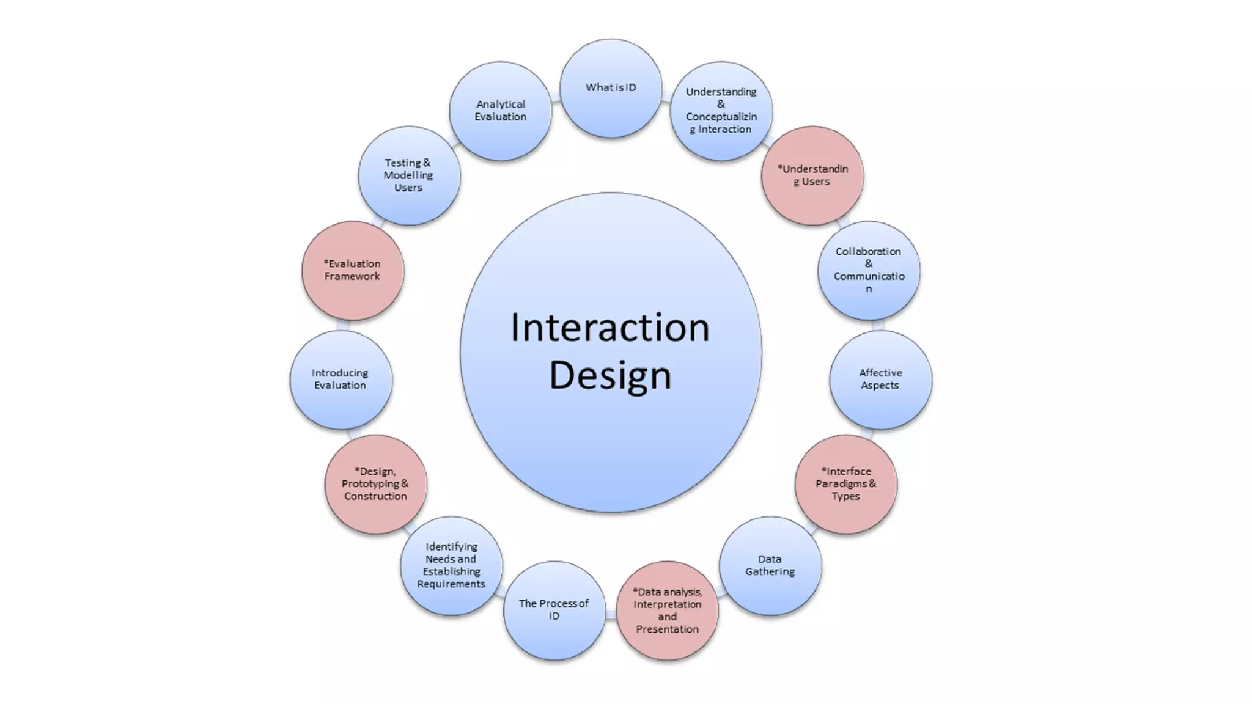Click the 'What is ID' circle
[x=611, y=88]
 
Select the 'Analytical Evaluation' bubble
[x=500, y=111]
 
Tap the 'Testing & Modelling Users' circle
[x=408, y=175]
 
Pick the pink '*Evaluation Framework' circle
[x=352, y=270]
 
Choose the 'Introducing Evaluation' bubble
[x=341, y=380]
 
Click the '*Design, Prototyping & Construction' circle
[x=375, y=484]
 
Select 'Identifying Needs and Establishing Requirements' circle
[x=451, y=565]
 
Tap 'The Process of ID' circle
[x=554, y=610]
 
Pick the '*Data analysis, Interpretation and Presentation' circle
[x=667, y=610]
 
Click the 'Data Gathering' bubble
[x=770, y=565]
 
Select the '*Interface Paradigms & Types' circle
[x=845, y=484]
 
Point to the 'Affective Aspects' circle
[x=880, y=380]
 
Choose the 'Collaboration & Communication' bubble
[x=869, y=270]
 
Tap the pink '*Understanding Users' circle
[x=812, y=175]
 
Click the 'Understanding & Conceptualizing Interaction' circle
[x=721, y=111]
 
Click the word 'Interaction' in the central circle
[x=610, y=328]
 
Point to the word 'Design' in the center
[x=610, y=375]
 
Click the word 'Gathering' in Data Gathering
[x=770, y=572]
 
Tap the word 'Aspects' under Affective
[x=880, y=386]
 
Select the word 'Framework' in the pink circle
[x=352, y=276]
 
